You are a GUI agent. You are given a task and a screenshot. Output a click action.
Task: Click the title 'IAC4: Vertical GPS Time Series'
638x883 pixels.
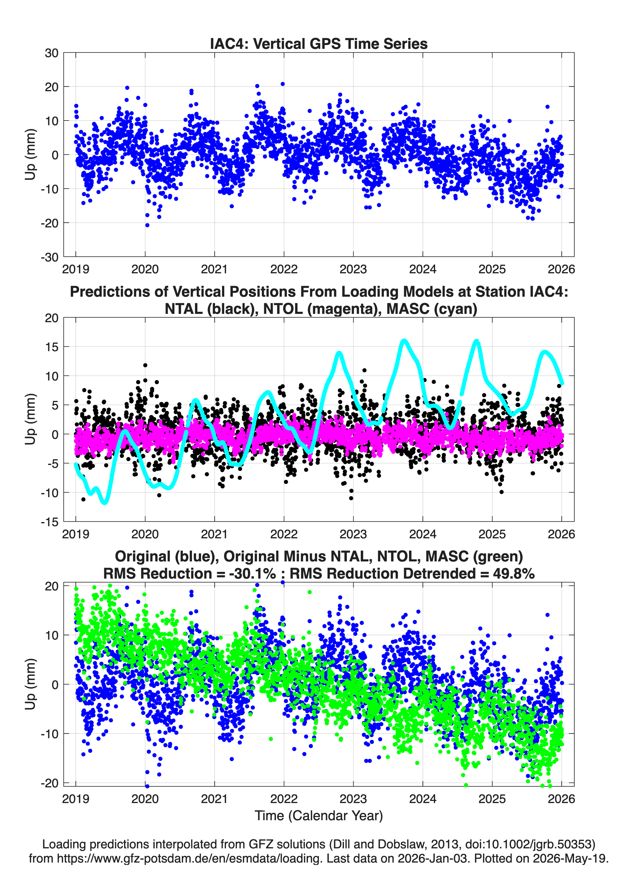coord(319,44)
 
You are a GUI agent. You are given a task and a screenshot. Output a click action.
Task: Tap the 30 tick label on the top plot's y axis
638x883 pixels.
coord(52,53)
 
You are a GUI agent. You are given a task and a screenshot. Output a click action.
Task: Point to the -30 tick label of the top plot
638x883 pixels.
coord(49,257)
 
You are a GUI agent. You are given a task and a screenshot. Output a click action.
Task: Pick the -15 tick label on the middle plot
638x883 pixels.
coord(49,522)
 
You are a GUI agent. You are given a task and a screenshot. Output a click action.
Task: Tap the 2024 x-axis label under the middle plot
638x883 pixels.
coord(423,534)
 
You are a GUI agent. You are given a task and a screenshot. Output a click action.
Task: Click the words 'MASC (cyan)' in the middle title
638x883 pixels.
coord(432,309)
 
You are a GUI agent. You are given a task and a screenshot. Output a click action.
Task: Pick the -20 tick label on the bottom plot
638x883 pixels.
coord(49,783)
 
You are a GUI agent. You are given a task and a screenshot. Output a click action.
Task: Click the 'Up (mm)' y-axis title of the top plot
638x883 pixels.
coord(31,155)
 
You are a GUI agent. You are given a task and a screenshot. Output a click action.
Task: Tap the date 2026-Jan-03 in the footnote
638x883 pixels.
coord(432,858)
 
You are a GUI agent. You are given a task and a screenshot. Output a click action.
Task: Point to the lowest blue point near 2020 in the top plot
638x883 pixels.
coord(147,225)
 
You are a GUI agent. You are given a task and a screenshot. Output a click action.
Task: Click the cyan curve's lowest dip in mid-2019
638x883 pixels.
coord(104,502)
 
